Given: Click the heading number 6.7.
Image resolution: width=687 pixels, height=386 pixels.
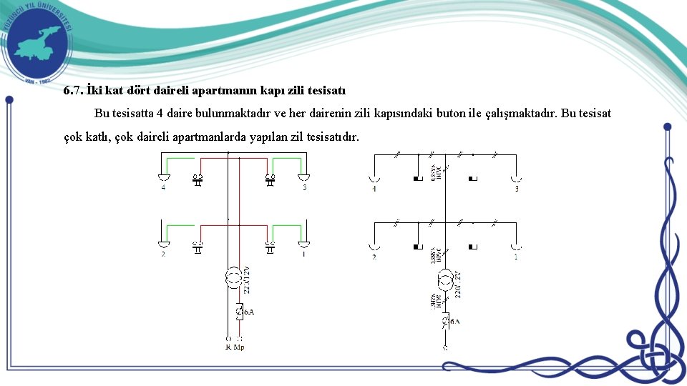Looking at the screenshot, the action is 73,91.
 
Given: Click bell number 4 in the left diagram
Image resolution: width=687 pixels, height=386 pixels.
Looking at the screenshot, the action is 164,177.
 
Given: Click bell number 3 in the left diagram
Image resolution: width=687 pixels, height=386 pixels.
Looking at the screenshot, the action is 303,177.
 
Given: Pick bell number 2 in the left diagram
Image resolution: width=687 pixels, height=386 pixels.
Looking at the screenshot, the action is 164,244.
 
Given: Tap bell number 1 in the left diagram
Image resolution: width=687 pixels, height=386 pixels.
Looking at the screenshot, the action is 303,244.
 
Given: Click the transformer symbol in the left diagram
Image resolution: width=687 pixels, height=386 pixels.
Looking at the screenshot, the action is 233,277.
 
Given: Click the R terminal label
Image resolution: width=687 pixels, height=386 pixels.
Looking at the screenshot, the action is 228,347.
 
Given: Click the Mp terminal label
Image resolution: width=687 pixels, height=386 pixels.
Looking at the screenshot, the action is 240,347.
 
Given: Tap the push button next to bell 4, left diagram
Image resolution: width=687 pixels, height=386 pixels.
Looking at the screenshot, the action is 198,179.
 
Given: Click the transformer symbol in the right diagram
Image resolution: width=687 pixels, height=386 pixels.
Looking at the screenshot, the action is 444,279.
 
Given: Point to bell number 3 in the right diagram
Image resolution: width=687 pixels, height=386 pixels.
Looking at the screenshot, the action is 515,178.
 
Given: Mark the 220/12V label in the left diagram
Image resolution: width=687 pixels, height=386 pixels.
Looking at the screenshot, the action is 248,279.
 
